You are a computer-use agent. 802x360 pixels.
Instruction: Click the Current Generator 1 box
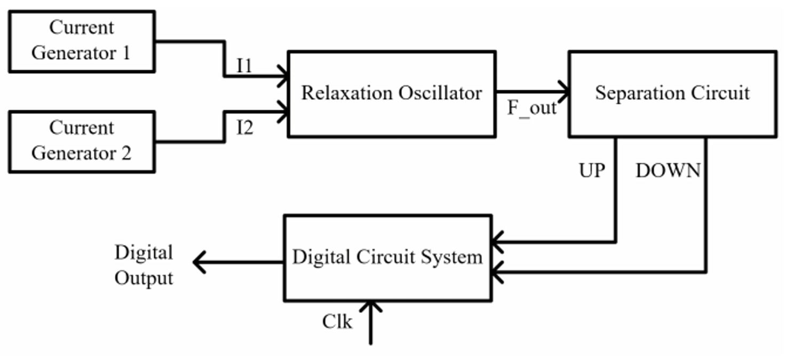coord(82,41)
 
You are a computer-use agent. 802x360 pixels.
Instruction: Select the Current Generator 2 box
coord(82,141)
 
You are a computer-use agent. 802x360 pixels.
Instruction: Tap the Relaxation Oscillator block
coord(392,94)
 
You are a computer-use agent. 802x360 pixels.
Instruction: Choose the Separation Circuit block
coord(672,94)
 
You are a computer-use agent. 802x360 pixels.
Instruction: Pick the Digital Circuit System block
coord(387,258)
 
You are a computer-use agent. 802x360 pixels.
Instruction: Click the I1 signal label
coord(244,66)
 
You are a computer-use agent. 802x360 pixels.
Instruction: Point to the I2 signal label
coord(244,128)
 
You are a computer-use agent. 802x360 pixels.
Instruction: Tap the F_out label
coord(531,108)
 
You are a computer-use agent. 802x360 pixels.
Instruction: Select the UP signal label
coord(592,171)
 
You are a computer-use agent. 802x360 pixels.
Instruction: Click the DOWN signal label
coord(668,171)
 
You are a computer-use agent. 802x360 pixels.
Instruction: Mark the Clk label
coord(337,322)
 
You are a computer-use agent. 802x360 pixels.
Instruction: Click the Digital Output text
coord(144,265)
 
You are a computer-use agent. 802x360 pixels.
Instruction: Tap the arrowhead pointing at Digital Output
coord(199,262)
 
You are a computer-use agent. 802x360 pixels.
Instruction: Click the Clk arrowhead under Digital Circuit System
coord(370,307)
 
